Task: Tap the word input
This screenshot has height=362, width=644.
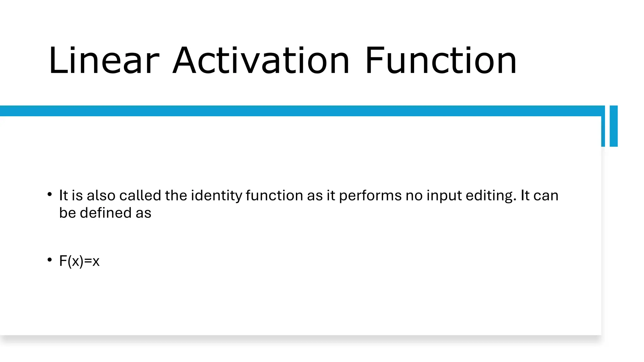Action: pos(444,196)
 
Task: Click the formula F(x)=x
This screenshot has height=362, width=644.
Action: pos(79,261)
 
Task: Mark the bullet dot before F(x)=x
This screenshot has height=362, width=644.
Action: pos(50,260)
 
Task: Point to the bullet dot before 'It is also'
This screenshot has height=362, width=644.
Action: pos(50,195)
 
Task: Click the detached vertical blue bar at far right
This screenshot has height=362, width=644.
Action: pos(613,126)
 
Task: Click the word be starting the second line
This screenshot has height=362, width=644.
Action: pos(68,213)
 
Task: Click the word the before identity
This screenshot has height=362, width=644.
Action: pos(176,195)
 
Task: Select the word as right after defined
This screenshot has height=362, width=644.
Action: pos(143,213)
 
